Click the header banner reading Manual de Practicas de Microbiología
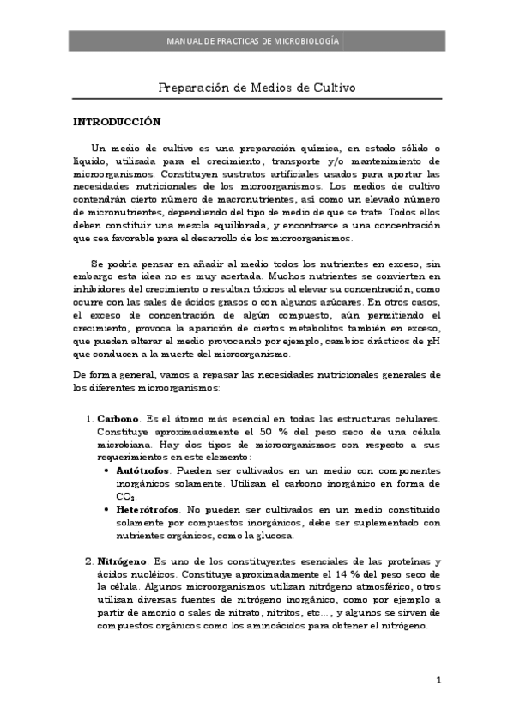pos(257,40)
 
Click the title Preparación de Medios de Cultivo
pos(257,88)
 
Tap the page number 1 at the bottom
pos(438,682)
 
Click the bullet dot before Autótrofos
pos(106,472)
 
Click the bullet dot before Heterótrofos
pos(106,509)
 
